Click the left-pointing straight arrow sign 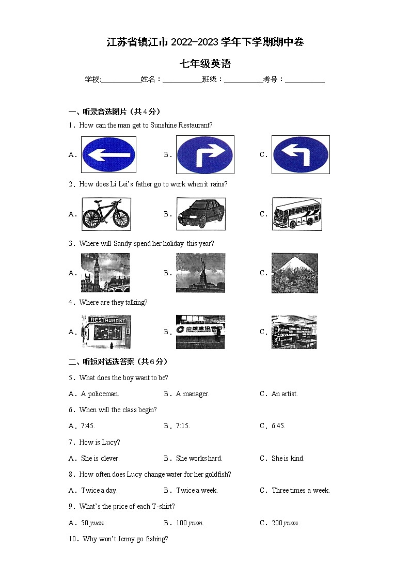pos(108,154)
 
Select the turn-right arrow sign pos(205,154)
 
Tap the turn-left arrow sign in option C pos(301,154)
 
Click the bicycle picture pos(106,214)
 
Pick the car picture pos(201,214)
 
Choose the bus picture pos(297,214)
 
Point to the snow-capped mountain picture pos(295,273)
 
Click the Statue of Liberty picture pos(200,273)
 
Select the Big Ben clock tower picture pos(105,273)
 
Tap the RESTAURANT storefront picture pos(106,332)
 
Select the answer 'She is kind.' pos(288,458)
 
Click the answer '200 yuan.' pos(286,523)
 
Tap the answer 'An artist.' pos(285,394)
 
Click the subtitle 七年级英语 pos(205,64)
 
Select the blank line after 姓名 pos(182,80)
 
